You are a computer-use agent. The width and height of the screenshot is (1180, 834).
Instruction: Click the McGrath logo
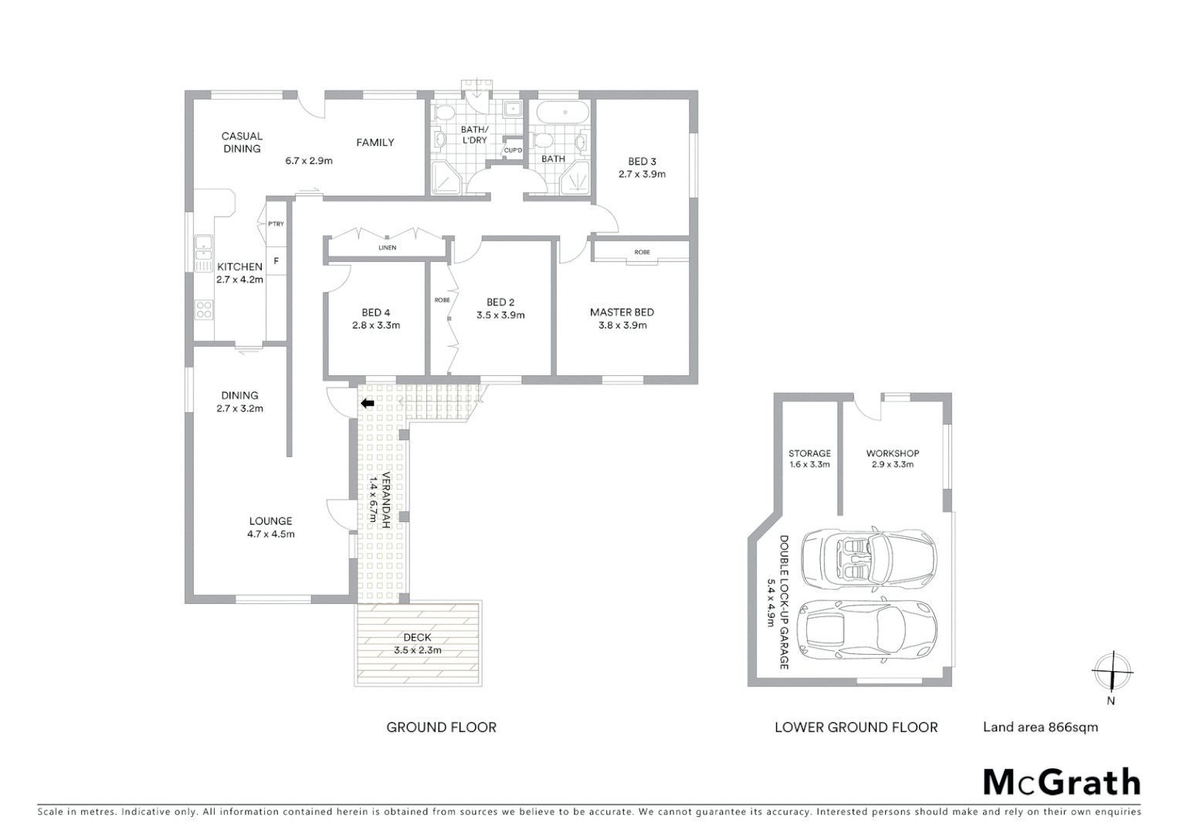1061,782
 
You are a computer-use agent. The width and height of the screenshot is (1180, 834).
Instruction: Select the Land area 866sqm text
1039,727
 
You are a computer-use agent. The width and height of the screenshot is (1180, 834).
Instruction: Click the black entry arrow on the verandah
368,403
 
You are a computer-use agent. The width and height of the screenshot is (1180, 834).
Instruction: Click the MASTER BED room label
622,312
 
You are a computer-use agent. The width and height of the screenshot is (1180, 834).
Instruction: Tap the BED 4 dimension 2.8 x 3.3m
375,325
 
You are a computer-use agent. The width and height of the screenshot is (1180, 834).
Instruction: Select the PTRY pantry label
276,224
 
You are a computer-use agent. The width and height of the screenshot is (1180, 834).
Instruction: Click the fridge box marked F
276,261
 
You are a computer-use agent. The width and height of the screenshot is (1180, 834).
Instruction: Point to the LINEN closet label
387,248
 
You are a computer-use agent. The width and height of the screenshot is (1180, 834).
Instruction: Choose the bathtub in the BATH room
563,112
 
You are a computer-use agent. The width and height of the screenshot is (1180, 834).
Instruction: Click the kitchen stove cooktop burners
203,310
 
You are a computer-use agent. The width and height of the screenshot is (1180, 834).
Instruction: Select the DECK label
417,637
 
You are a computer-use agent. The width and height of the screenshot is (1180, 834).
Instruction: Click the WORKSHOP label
892,453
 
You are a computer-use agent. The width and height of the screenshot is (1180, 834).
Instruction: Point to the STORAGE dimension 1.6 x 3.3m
809,465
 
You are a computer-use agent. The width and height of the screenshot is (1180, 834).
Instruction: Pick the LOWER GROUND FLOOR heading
856,727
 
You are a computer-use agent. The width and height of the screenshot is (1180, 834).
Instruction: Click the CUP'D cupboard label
513,150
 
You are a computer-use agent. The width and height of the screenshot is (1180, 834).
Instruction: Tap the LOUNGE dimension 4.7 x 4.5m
270,534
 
